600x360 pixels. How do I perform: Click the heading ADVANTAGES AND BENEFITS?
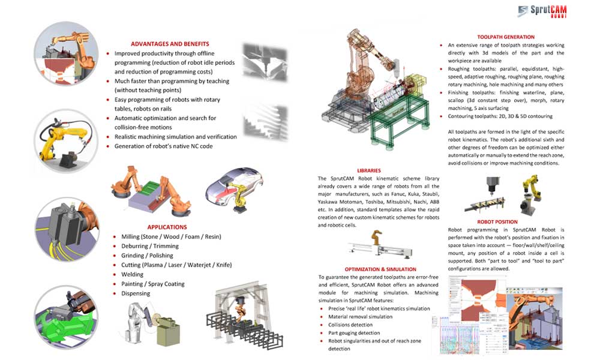point(170,44)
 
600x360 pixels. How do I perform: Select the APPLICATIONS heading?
point(167,227)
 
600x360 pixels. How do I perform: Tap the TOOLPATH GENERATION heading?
point(506,37)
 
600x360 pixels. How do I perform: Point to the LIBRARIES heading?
point(368,170)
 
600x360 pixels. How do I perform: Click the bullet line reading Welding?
point(133,274)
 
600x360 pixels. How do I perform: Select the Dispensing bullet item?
point(136,293)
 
